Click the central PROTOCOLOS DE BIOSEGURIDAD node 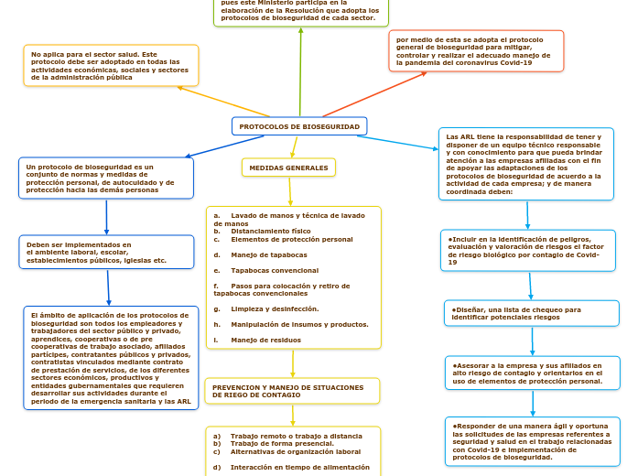click(299, 126)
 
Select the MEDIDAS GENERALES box click(288, 168)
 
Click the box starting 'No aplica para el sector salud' click(111, 66)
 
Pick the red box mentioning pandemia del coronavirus click(475, 51)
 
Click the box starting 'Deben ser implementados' click(106, 253)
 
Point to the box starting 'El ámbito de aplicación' click(111, 358)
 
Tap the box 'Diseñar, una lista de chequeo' click(531, 313)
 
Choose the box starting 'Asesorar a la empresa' click(532, 373)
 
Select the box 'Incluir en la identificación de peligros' click(531, 250)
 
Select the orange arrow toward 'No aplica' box click(223, 102)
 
